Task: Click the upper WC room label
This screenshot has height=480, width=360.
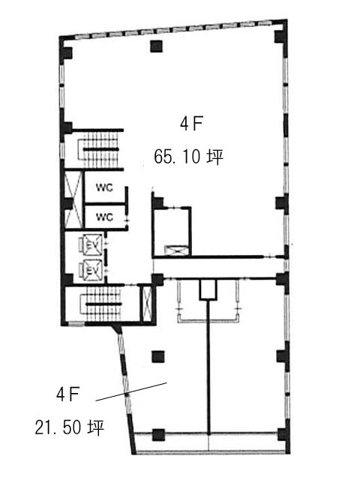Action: click(105, 187)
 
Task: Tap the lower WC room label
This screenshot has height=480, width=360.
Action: click(105, 217)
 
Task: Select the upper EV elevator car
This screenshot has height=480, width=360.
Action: click(91, 244)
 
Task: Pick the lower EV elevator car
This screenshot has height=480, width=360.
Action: click(91, 270)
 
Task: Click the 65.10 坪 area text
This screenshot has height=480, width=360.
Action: click(188, 157)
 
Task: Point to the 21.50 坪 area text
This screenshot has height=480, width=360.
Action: click(70, 427)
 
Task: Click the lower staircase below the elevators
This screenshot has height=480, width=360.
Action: click(102, 304)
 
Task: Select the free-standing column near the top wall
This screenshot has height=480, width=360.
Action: click(156, 46)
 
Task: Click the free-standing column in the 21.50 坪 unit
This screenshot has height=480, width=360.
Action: click(158, 357)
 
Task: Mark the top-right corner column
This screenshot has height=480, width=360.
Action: click(280, 36)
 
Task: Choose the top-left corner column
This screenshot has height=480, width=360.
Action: click(66, 53)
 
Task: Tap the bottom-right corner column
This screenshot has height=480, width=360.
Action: click(283, 435)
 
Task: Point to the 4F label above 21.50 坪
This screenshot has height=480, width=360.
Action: click(67, 394)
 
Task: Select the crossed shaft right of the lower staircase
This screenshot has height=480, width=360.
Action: click(147, 303)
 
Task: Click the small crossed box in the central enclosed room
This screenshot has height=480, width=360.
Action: click(175, 250)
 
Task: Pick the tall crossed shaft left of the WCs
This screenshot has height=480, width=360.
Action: click(73, 199)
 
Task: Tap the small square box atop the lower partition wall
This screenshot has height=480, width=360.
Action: click(208, 290)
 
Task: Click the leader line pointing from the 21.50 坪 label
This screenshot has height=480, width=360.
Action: click(132, 391)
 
